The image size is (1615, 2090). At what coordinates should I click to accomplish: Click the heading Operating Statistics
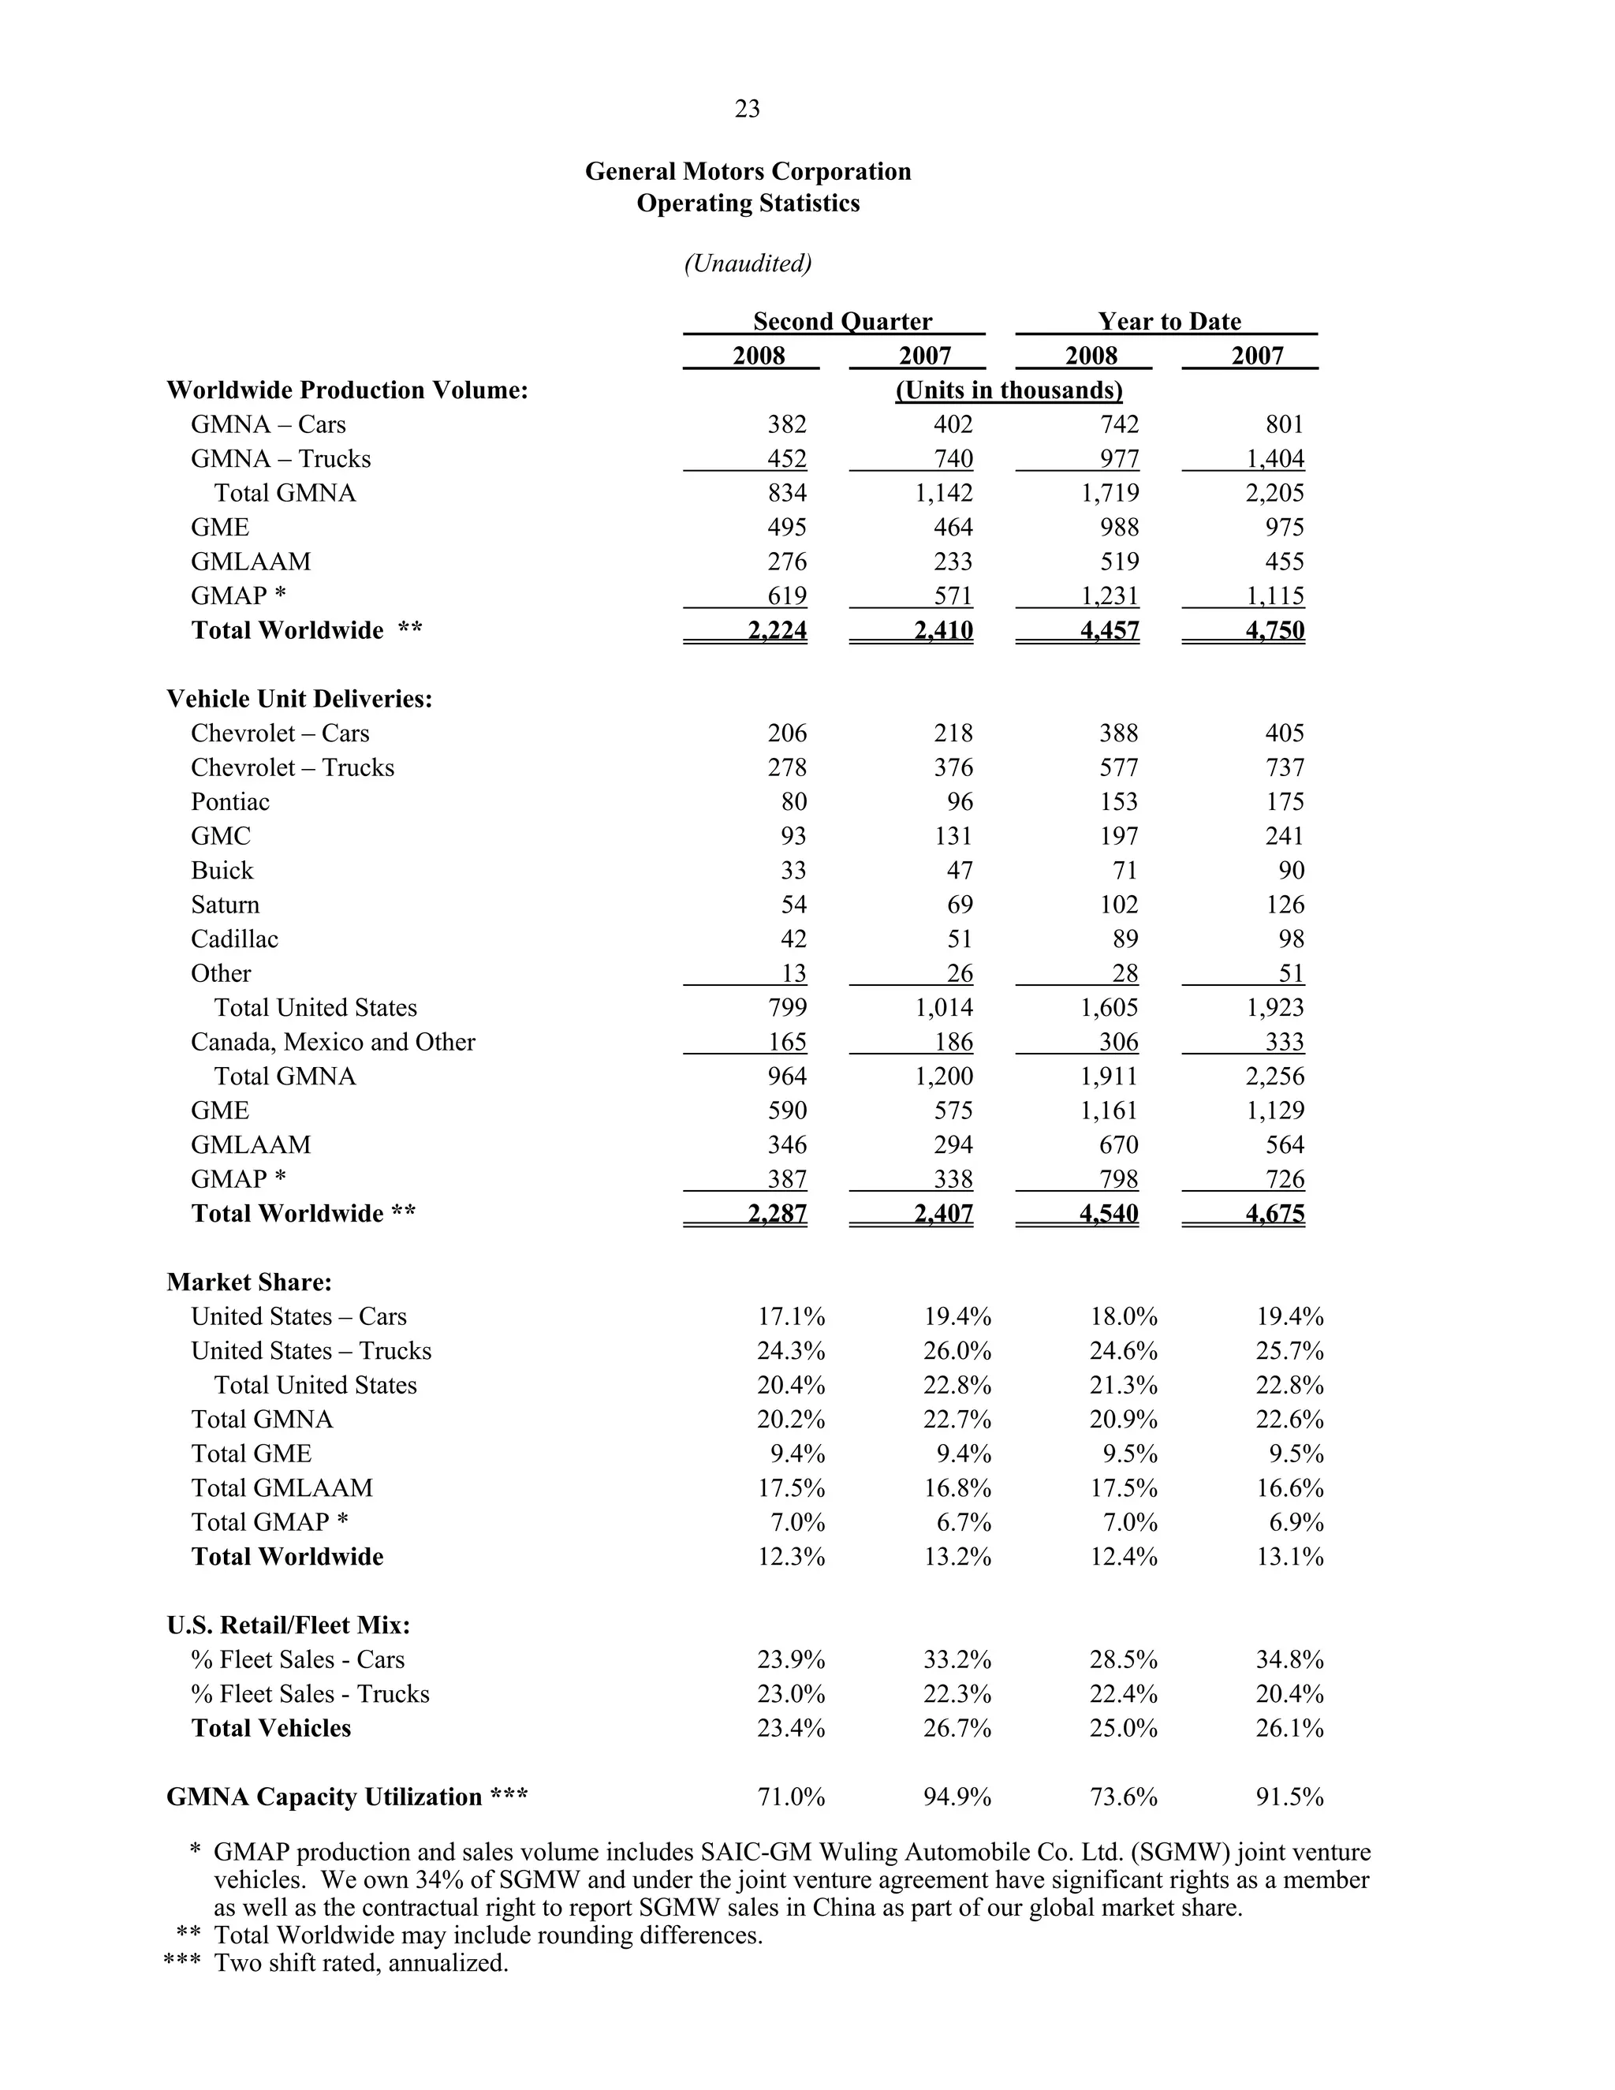(748, 203)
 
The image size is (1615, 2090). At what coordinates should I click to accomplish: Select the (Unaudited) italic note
(748, 263)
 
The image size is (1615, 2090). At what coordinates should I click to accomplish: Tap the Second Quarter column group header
(842, 322)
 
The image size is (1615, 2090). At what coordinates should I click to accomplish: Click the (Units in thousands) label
(1009, 390)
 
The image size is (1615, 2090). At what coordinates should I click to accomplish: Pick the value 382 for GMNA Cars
(786, 424)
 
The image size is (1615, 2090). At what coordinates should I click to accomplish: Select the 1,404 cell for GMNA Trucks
(1274, 458)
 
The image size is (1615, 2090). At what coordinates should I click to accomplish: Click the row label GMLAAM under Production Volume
(251, 562)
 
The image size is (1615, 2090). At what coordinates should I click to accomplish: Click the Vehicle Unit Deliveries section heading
(300, 699)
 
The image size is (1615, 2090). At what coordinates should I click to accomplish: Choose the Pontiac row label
(229, 802)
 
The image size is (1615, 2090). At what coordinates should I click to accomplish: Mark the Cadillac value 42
(793, 939)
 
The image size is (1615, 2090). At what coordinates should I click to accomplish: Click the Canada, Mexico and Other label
(332, 1042)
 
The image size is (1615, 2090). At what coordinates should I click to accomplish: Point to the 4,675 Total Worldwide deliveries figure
(1274, 1214)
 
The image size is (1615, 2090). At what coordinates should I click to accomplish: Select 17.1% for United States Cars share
(791, 1317)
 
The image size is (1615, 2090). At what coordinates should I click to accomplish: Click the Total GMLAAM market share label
(282, 1488)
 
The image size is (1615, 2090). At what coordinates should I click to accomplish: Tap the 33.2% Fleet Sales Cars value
(957, 1659)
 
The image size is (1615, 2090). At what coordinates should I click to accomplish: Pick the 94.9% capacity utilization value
(957, 1797)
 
